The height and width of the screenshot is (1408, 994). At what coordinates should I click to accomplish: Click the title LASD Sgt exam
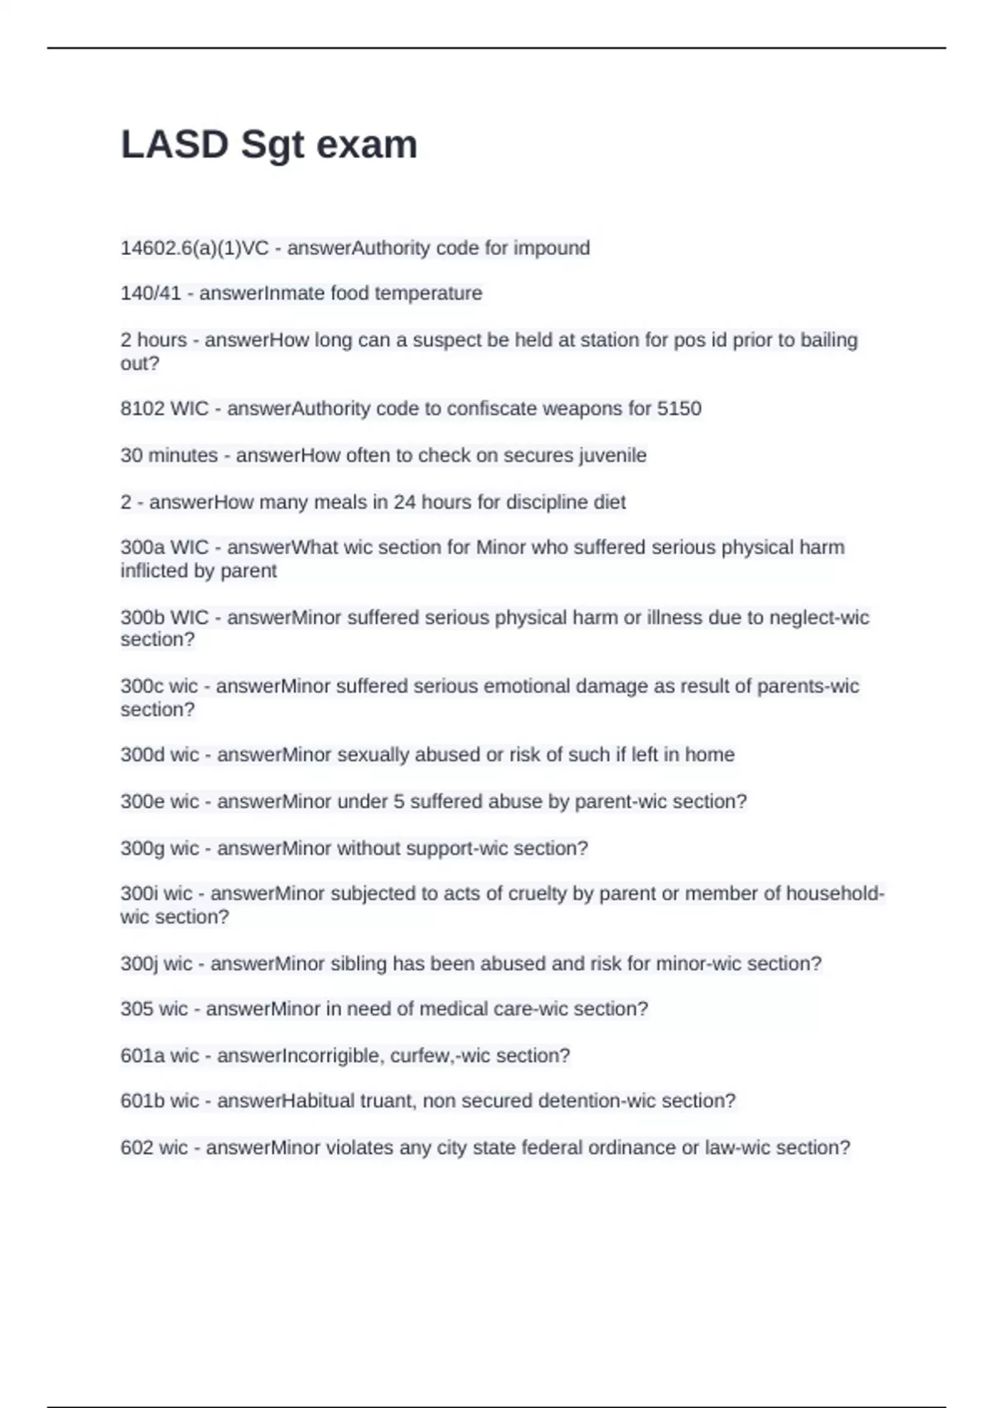click(x=269, y=145)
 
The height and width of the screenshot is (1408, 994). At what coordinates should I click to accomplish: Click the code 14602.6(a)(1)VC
click(x=195, y=248)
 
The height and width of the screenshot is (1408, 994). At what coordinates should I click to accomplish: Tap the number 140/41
click(x=151, y=293)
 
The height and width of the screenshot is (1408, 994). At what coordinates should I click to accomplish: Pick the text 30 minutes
click(x=169, y=456)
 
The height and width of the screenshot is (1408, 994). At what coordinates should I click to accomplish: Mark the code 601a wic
click(x=160, y=1056)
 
